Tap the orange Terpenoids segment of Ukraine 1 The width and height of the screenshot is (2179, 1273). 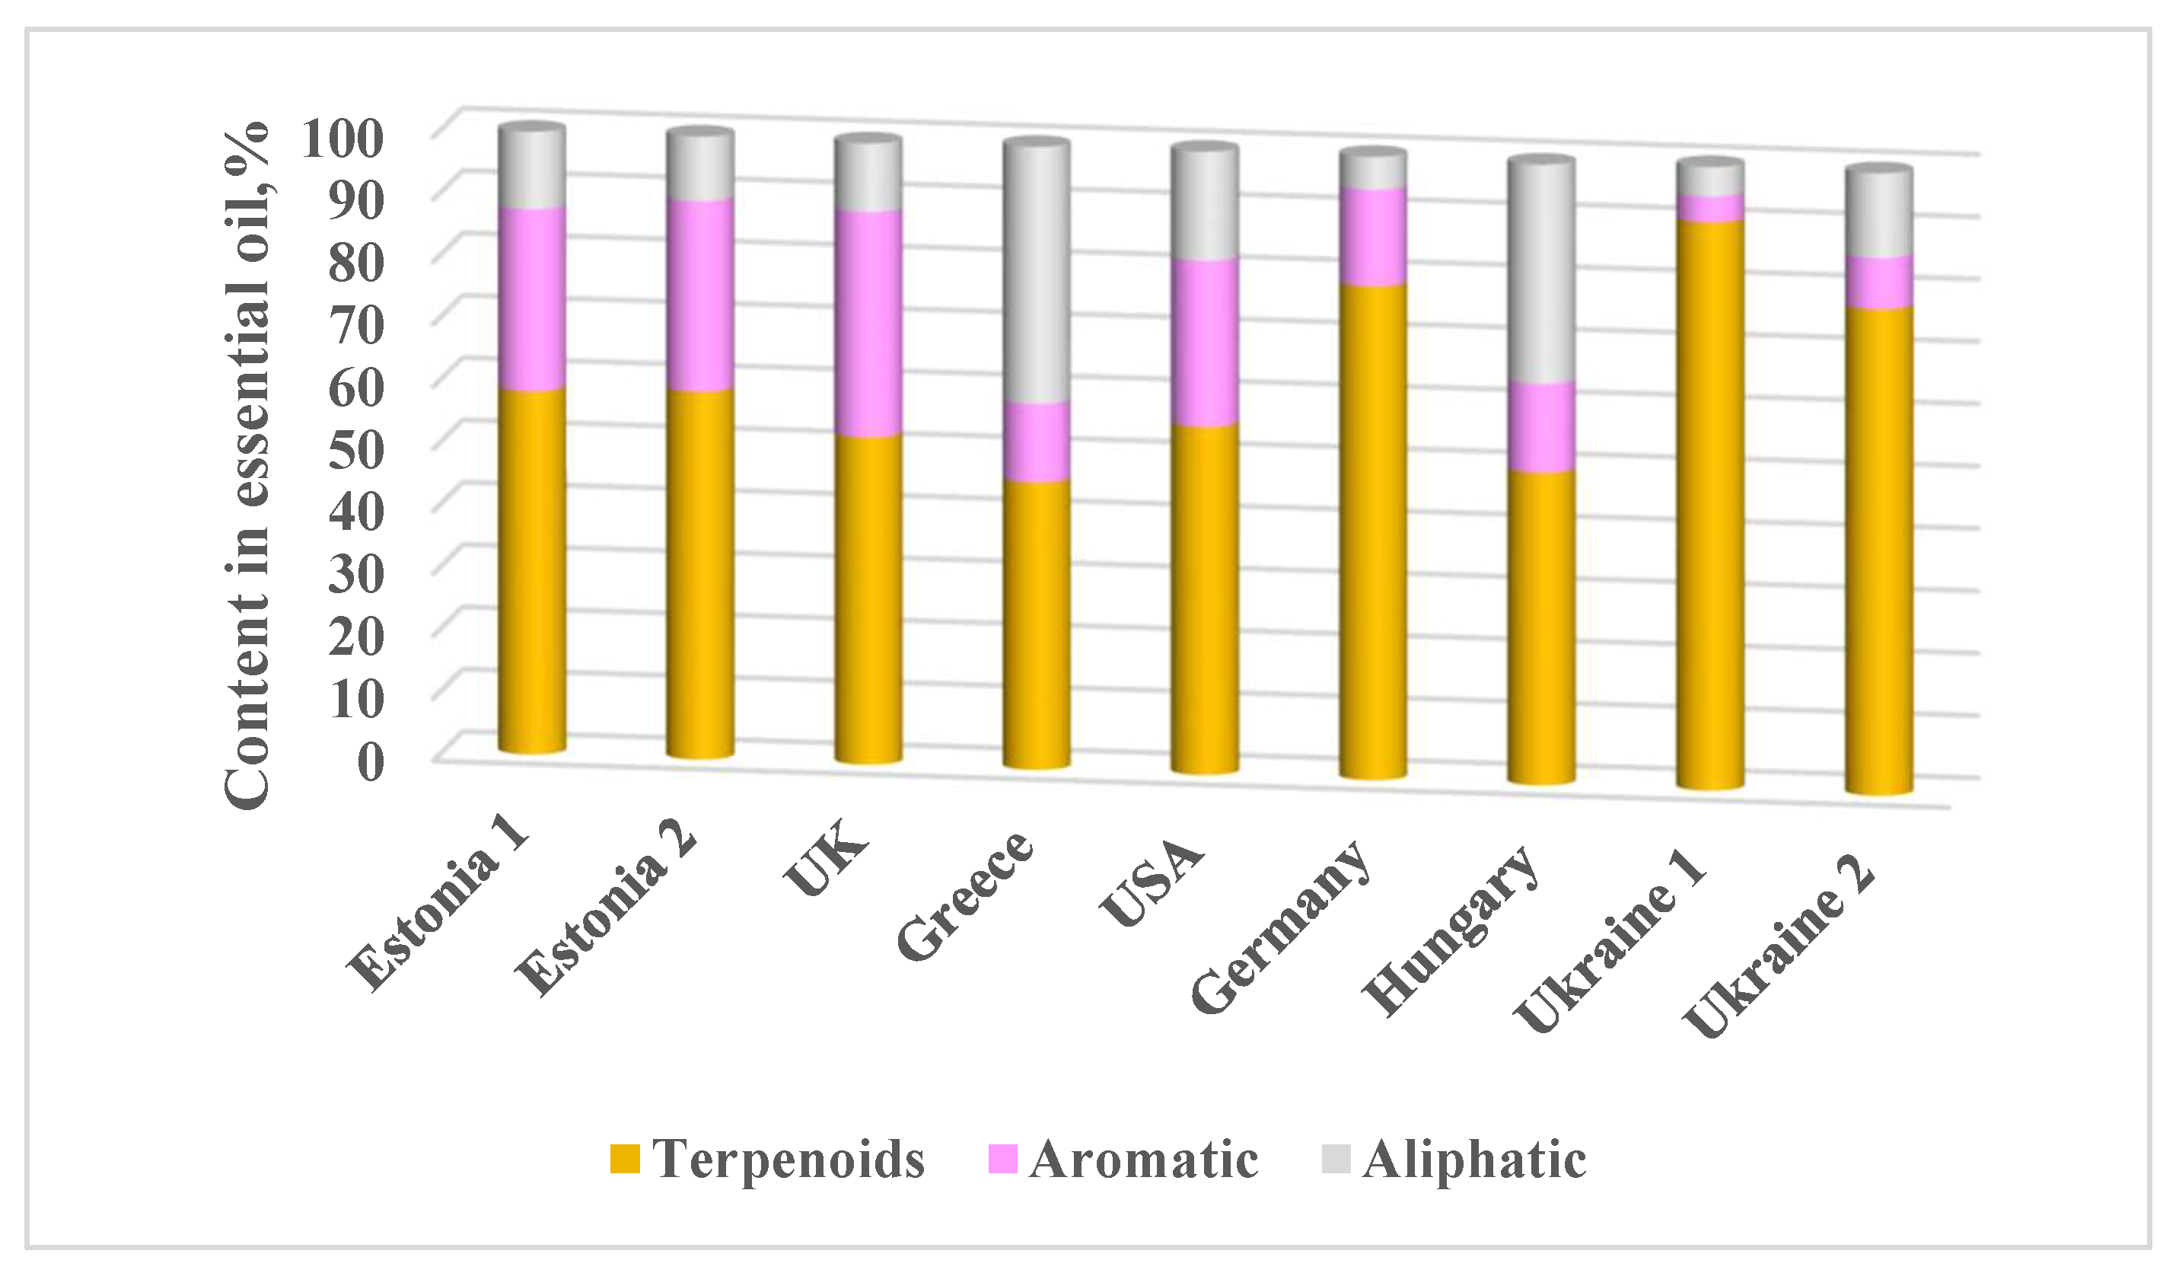[x=1709, y=502]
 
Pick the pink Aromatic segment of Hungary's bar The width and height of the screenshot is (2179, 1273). [x=1541, y=426]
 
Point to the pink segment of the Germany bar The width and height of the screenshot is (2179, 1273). [x=1372, y=236]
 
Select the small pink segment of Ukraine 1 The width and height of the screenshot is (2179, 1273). [x=1709, y=208]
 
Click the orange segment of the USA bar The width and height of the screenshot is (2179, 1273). [x=1205, y=597]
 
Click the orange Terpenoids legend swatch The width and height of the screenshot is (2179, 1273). [x=624, y=1159]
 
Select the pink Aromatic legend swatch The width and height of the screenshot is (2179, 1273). [x=1002, y=1159]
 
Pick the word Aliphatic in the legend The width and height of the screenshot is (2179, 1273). [x=1473, y=1159]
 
